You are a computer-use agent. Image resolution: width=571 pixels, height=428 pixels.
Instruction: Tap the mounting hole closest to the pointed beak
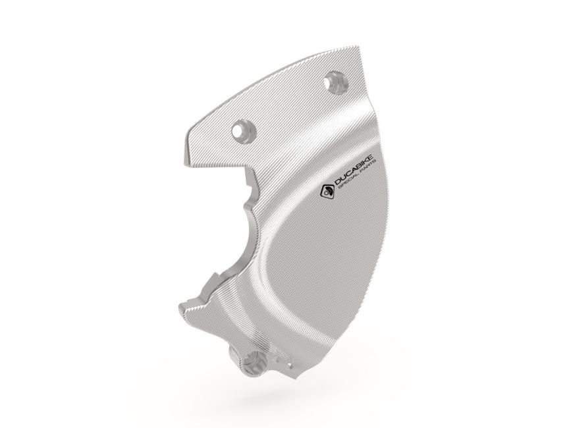pyautogui.click(x=241, y=129)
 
